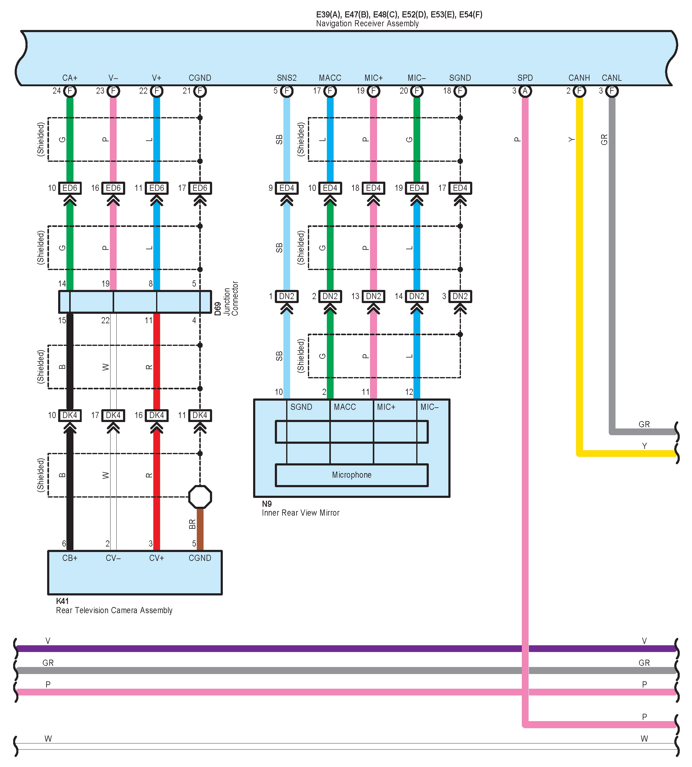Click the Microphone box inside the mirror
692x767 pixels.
[351, 475]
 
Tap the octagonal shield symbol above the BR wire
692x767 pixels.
[200, 497]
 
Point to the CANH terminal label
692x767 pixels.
[579, 78]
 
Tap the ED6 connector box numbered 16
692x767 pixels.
[113, 188]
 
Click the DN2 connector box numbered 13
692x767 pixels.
[373, 296]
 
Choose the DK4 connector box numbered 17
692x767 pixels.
[113, 415]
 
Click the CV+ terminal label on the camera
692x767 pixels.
[156, 558]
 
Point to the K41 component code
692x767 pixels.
[62, 601]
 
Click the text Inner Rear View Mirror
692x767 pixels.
[300, 513]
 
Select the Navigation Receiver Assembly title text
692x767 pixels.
[367, 24]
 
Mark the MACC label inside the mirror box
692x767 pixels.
[345, 407]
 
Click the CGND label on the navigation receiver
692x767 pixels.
[200, 78]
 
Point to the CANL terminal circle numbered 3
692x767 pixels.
[612, 91]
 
